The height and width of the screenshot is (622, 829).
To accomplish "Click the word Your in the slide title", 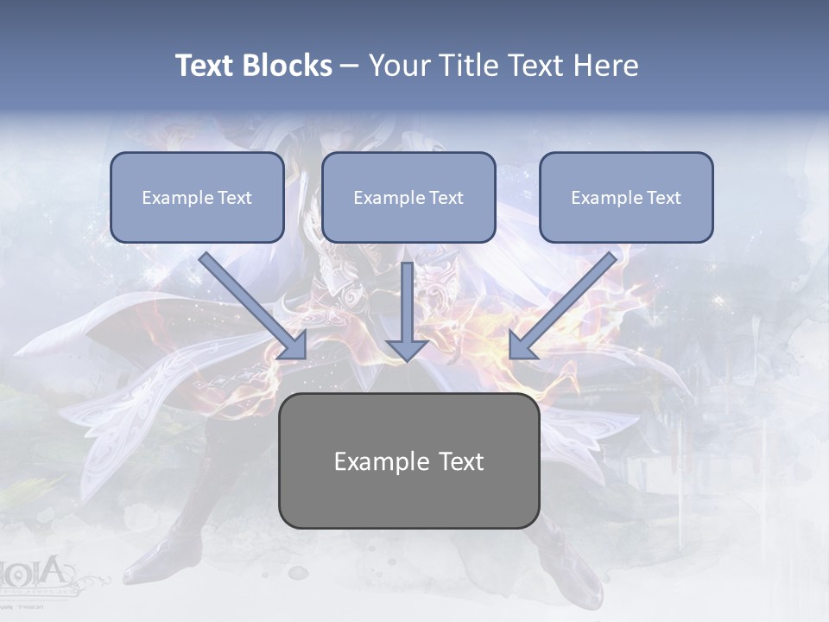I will (399, 66).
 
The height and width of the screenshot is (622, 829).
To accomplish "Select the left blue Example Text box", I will (197, 197).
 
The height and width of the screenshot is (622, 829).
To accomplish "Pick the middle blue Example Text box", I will (408, 197).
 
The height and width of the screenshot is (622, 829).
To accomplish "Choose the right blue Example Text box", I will (626, 197).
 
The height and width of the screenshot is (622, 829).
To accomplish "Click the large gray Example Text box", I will (408, 460).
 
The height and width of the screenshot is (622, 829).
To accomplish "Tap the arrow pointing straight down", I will (407, 307).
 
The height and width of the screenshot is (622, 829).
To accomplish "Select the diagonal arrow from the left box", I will (250, 302).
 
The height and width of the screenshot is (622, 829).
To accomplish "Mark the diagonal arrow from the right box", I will (566, 302).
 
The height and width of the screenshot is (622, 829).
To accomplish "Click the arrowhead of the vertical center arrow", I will (407, 348).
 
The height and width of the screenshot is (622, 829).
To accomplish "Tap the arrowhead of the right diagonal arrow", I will (522, 345).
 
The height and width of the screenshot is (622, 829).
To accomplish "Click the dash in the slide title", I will (350, 66).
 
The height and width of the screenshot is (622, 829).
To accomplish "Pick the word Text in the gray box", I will (461, 461).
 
